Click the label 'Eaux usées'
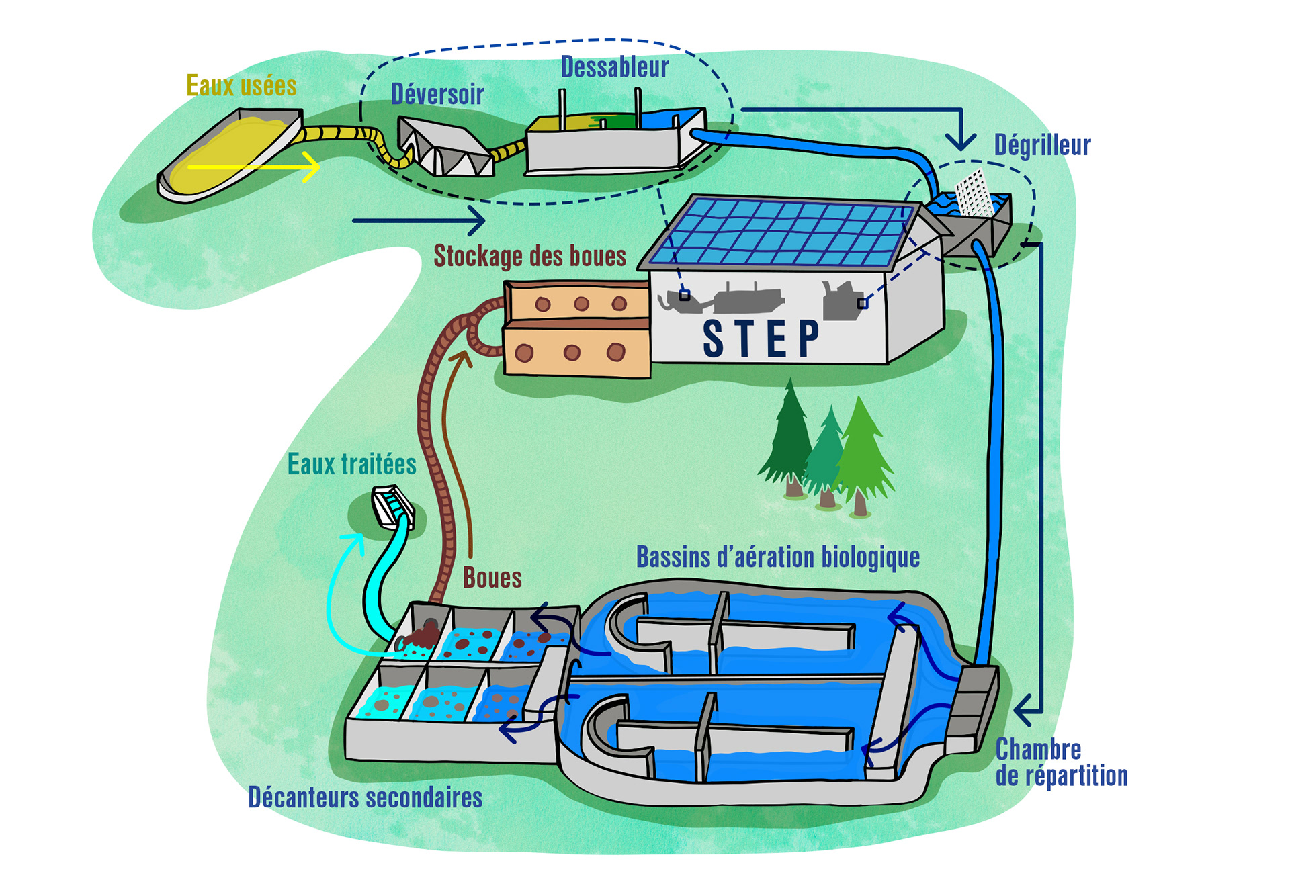click(x=241, y=86)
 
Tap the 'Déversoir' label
click(x=437, y=95)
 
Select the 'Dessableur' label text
click(x=615, y=67)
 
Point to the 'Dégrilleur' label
click(x=1042, y=145)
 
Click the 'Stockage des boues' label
click(x=529, y=256)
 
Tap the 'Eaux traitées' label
click(x=351, y=464)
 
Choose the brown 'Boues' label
click(x=492, y=578)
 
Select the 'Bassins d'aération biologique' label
click(x=778, y=557)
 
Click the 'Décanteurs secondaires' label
click(x=365, y=797)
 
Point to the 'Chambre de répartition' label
click(x=1060, y=762)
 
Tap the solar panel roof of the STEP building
click(x=779, y=232)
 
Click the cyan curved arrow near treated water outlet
click(x=336, y=591)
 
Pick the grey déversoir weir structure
click(x=443, y=148)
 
